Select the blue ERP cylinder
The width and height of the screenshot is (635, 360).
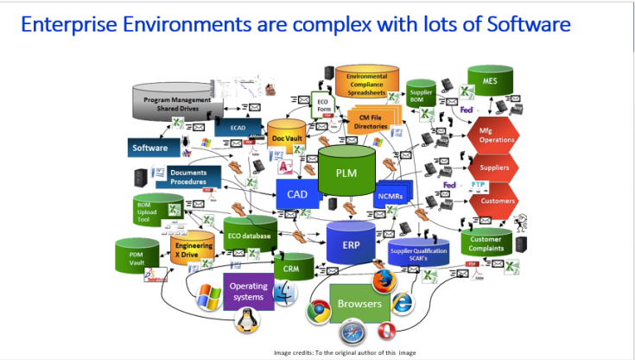(x=351, y=244)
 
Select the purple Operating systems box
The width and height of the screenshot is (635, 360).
(x=249, y=292)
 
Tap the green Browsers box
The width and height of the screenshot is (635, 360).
(x=359, y=304)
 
